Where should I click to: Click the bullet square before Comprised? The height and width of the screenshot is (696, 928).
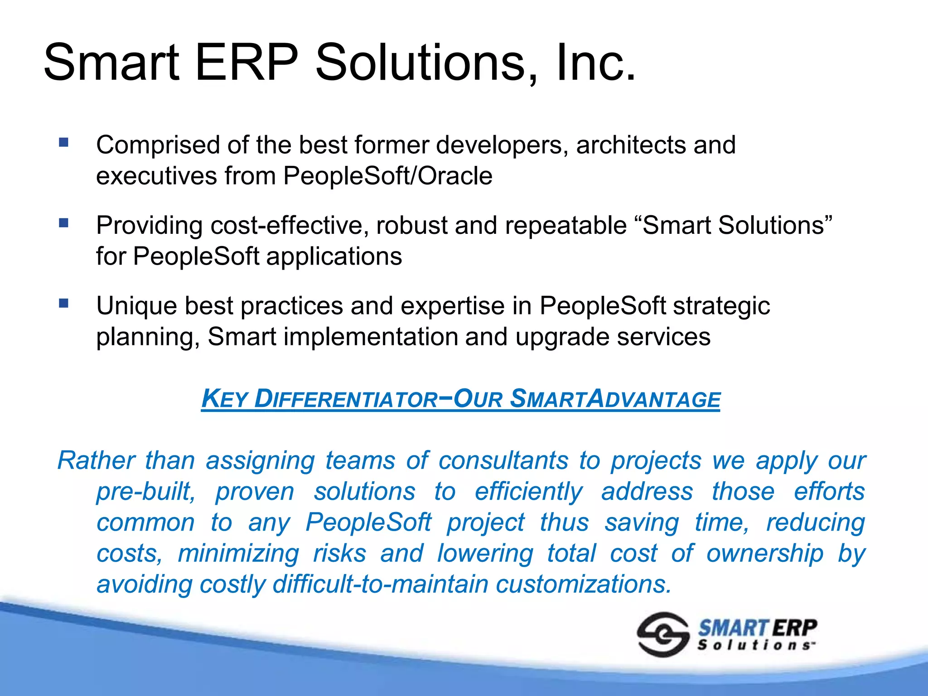pos(63,143)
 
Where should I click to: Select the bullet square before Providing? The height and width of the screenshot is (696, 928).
pos(63,223)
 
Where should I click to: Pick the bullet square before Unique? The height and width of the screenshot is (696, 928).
pos(63,303)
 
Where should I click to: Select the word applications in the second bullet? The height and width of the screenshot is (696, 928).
pos(334,256)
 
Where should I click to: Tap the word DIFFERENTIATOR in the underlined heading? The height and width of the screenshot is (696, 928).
pos(346,400)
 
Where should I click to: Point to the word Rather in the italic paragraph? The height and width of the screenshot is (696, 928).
pos(96,461)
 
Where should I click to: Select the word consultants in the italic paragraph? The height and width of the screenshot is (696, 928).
pos(503,461)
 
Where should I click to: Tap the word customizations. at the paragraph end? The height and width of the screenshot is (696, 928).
pos(583,585)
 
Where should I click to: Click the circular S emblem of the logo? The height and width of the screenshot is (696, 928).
pos(663,634)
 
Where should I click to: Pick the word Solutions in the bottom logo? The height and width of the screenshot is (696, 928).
pos(756,645)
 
